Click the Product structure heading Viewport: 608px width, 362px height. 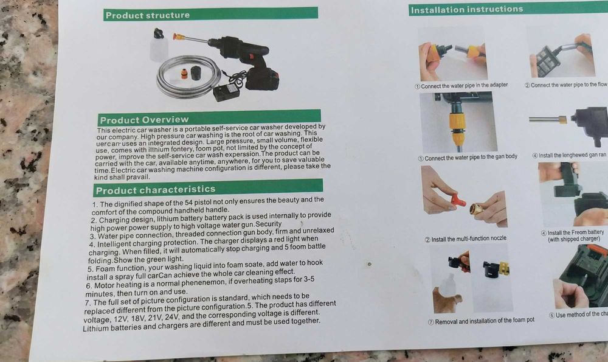click(x=148, y=15)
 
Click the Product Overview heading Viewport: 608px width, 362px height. click(x=145, y=119)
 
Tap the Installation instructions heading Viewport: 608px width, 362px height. click(x=466, y=9)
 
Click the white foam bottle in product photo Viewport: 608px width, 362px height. click(x=159, y=46)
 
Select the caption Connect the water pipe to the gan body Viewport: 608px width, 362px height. click(x=468, y=157)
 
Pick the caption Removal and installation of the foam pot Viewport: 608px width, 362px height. click(x=481, y=321)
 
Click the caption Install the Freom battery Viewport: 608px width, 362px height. click(x=575, y=232)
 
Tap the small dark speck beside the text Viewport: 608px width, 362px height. click(x=369, y=263)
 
